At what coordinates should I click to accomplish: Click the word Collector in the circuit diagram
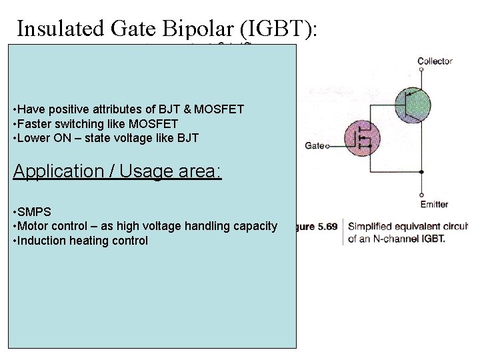click(x=435, y=61)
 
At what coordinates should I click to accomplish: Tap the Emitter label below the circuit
click(x=434, y=204)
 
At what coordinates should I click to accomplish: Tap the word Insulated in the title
click(x=59, y=29)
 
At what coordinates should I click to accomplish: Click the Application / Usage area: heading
click(x=117, y=171)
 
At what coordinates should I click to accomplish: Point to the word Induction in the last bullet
click(x=41, y=241)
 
